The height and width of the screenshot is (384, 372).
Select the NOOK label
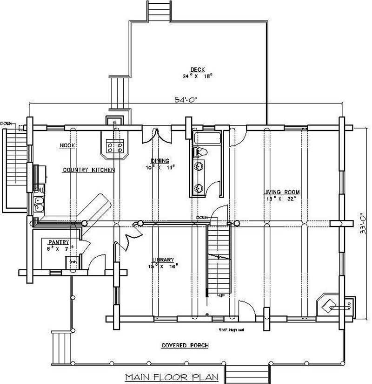click(x=67, y=145)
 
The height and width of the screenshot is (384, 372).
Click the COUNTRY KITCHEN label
click(x=88, y=170)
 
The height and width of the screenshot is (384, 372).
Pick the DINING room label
click(x=159, y=161)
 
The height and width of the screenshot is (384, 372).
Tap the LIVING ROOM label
click(x=282, y=192)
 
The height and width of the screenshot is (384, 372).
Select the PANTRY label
click(x=59, y=242)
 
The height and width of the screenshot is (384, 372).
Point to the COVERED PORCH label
click(x=185, y=345)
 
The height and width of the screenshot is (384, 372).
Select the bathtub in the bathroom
click(x=207, y=138)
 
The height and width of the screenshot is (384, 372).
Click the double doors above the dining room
click(x=157, y=135)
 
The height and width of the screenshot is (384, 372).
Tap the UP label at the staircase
click(x=222, y=295)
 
